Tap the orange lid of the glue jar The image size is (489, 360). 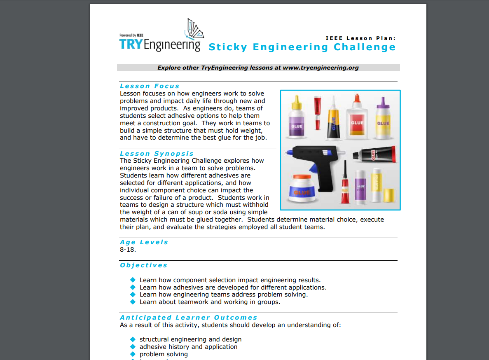[x=304, y=178]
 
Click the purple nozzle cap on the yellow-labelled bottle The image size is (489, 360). [x=383, y=101]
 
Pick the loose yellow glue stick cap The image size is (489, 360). [x=389, y=194]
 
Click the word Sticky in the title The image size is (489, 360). [x=228, y=47]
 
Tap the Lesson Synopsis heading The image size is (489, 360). [x=157, y=154]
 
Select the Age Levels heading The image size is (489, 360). [x=144, y=242]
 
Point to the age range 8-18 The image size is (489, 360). [x=128, y=250]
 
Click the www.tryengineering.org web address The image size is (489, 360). [x=321, y=68]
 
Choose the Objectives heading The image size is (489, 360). [x=144, y=265]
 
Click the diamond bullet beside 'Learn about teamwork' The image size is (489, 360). [x=133, y=302]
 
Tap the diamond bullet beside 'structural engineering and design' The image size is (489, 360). [x=133, y=339]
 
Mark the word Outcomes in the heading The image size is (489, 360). [x=236, y=318]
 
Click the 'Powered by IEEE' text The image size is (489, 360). [x=131, y=35]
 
